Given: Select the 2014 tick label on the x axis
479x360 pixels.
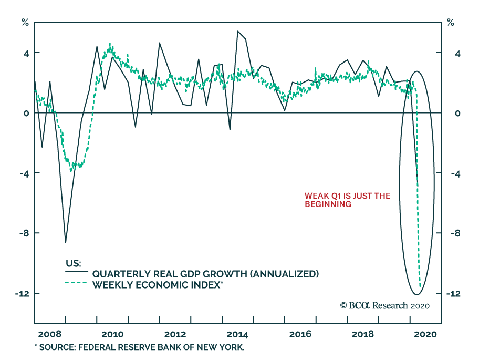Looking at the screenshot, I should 237,334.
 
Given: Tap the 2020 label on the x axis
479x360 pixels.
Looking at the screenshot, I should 425,334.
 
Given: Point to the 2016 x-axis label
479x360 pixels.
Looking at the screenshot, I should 300,334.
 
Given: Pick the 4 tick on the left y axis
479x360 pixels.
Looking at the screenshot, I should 24,53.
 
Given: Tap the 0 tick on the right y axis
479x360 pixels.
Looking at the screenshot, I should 457,114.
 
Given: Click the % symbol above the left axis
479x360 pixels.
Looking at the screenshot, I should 25,22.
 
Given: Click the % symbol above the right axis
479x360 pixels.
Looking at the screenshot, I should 450,22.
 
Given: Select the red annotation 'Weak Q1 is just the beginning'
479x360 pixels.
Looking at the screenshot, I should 347,200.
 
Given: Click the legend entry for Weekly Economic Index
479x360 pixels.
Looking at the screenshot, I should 158,285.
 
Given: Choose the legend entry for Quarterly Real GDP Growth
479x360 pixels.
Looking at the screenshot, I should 205,274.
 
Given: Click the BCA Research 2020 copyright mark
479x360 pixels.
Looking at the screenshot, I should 385,305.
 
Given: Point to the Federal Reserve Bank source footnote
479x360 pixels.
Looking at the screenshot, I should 140,348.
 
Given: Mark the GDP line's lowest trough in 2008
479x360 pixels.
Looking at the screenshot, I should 66,243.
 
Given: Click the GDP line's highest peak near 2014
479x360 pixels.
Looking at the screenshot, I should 238,31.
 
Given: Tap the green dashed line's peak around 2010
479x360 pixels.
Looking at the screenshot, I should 110,44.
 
